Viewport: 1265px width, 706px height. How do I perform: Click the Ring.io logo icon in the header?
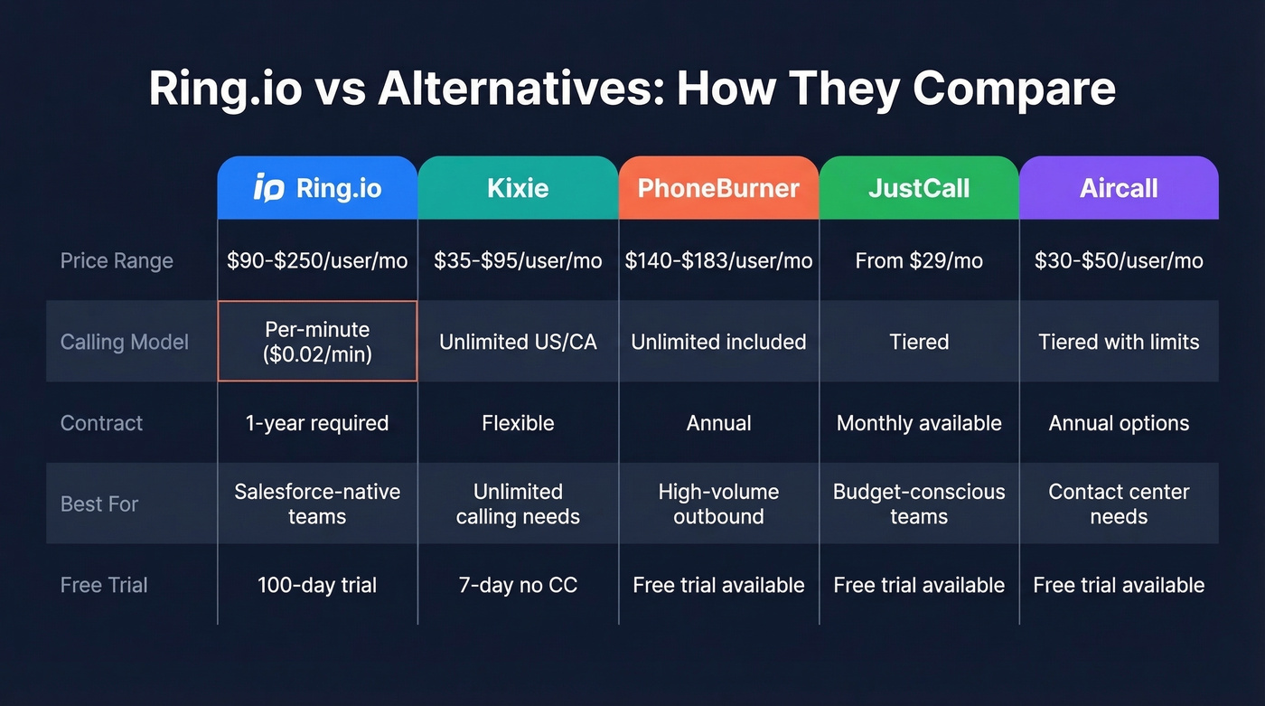[x=269, y=188]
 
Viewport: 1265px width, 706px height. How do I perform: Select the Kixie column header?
[x=518, y=188]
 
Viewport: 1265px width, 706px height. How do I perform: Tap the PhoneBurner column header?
[x=718, y=188]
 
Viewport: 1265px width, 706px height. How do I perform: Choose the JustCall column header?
[x=919, y=188]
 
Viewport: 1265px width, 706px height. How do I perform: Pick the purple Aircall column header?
[x=1119, y=188]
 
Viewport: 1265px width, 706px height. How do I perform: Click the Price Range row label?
[x=117, y=261]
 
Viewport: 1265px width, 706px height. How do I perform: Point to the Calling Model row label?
[x=125, y=342]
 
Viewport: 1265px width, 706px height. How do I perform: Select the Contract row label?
[x=101, y=423]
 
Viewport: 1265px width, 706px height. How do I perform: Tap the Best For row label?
[x=99, y=504]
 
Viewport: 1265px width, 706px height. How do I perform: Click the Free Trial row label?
[x=104, y=585]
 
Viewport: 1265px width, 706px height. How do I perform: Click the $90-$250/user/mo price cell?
[x=317, y=261]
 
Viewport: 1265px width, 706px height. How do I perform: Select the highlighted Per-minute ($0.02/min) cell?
[x=317, y=342]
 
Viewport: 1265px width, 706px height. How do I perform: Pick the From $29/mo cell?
[x=919, y=261]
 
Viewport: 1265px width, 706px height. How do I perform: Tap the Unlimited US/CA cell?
[x=518, y=342]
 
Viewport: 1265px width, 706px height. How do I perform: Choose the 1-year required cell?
[x=317, y=423]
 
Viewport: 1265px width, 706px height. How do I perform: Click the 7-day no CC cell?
[x=518, y=585]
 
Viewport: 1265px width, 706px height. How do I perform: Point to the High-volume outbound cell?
[x=718, y=504]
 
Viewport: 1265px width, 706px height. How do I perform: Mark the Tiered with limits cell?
[x=1119, y=342]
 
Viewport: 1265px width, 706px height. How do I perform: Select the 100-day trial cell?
[x=317, y=585]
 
